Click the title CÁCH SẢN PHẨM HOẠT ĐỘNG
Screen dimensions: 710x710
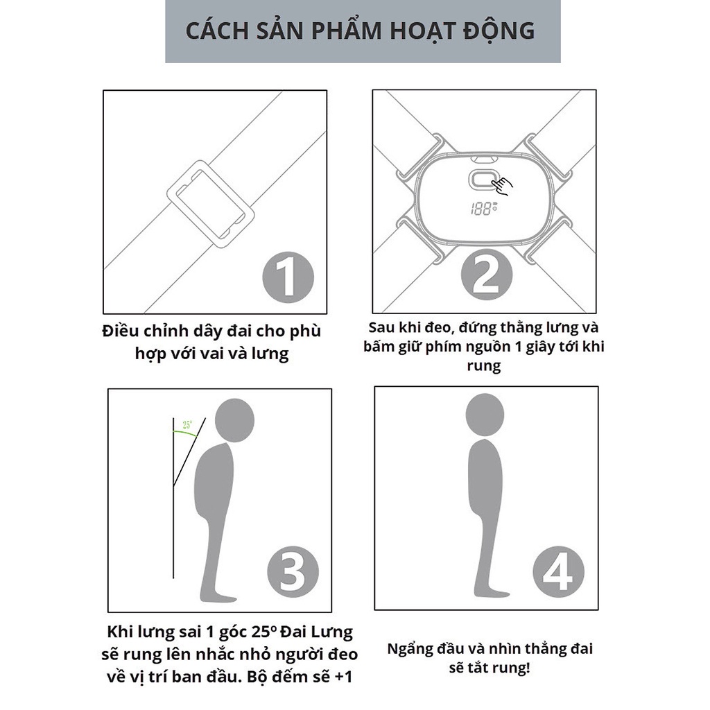click(361, 31)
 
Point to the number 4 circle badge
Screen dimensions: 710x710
click(558, 573)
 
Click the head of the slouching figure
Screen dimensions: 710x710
click(234, 420)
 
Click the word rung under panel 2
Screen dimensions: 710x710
click(483, 366)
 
